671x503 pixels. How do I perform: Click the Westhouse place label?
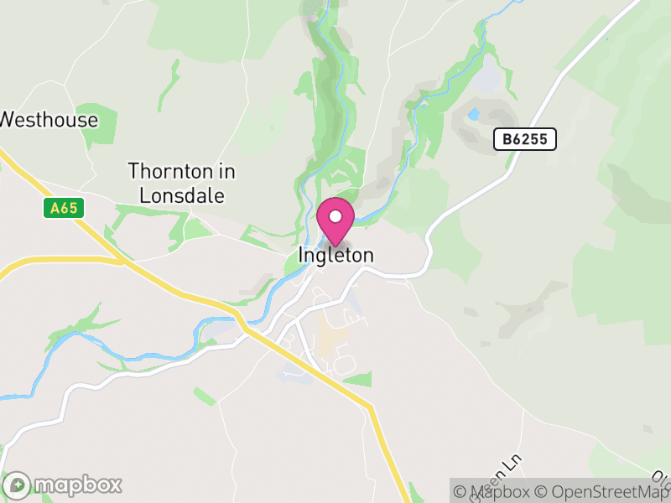coord(49,120)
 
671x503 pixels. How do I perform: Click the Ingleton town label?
coord(335,255)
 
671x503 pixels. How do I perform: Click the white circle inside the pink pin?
coord(335,216)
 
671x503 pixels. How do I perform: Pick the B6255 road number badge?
coord(525,139)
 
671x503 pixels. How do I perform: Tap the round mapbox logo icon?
coord(18,485)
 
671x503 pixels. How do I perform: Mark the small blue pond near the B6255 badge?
coord(475,113)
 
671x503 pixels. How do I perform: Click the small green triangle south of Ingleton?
coord(359,379)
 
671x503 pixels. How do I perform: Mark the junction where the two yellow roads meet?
coord(122,262)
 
